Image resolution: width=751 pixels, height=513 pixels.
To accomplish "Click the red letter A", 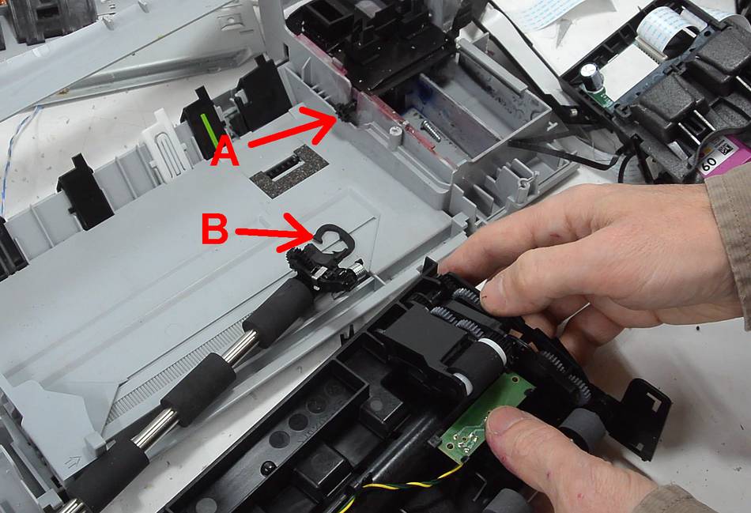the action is coord(225,150).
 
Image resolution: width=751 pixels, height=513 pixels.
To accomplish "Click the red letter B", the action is coord(214,229).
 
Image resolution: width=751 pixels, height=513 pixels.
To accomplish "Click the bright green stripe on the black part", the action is coord(209,130).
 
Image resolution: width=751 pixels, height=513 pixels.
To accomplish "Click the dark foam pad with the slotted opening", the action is coord(289,171).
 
